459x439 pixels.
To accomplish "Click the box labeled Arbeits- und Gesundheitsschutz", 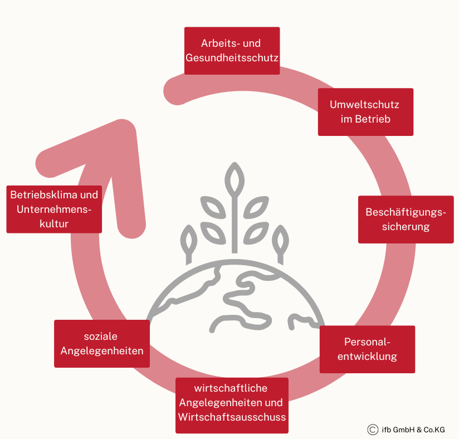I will point(232,51).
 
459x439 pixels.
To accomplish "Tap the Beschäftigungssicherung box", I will point(406,219).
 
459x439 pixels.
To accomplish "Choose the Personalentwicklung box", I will point(367,349).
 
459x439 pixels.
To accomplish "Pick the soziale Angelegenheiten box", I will point(102,344).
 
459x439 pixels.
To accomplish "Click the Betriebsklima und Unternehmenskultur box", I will point(54,209).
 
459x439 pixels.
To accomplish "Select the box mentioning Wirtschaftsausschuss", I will point(232,406).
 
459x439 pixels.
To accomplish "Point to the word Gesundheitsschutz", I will point(232,57).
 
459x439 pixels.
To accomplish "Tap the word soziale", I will point(101,336).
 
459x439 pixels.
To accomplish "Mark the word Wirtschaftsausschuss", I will point(232,417).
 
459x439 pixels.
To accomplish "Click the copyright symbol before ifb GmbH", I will point(373,430).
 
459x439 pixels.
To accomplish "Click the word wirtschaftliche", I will point(231,388).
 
